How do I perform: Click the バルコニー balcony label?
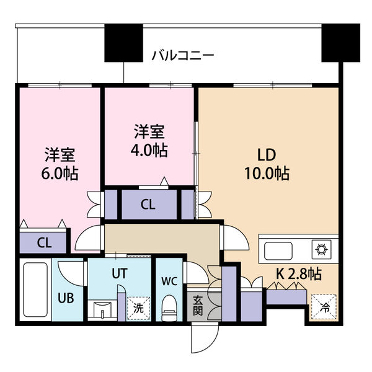click(x=183, y=56)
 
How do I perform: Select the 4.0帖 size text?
click(x=150, y=151)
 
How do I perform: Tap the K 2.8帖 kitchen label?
click(x=298, y=273)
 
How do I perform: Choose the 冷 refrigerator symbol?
click(x=324, y=306)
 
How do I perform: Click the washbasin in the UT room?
click(x=102, y=309)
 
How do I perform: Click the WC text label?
click(x=169, y=280)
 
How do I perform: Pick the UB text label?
click(x=66, y=298)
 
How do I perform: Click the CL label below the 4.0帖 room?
click(x=148, y=204)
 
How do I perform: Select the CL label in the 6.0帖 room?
click(x=43, y=241)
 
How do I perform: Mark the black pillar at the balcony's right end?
click(x=340, y=43)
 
